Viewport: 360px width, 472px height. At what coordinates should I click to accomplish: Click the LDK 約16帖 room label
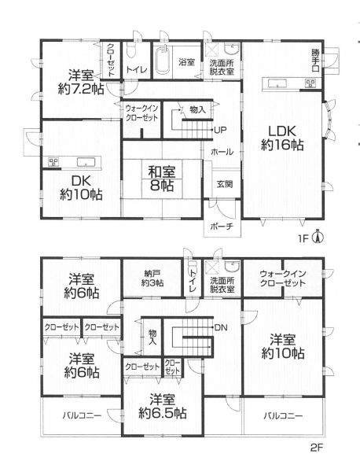click(282, 138)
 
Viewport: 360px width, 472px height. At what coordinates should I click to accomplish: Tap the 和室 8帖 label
click(162, 179)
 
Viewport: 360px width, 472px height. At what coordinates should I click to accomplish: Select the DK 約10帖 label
click(81, 188)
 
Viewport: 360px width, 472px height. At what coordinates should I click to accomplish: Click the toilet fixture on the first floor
click(130, 52)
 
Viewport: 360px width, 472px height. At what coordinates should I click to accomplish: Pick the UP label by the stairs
click(220, 131)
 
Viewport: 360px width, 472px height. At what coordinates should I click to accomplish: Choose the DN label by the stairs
click(221, 327)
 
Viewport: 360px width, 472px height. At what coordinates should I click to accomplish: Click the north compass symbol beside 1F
click(318, 238)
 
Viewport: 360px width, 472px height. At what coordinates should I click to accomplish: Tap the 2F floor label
click(317, 448)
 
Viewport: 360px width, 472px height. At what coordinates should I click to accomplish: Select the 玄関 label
click(225, 184)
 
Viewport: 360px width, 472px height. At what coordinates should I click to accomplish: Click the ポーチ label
click(222, 227)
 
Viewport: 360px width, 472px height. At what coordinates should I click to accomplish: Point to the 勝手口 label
click(315, 61)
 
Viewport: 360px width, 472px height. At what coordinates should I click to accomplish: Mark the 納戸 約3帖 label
click(152, 278)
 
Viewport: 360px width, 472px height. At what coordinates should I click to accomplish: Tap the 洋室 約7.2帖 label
click(81, 82)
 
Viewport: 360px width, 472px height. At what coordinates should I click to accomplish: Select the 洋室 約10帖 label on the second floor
click(283, 346)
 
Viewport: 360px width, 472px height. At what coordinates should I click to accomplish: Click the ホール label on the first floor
click(222, 152)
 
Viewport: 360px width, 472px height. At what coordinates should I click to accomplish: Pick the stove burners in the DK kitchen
click(53, 162)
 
